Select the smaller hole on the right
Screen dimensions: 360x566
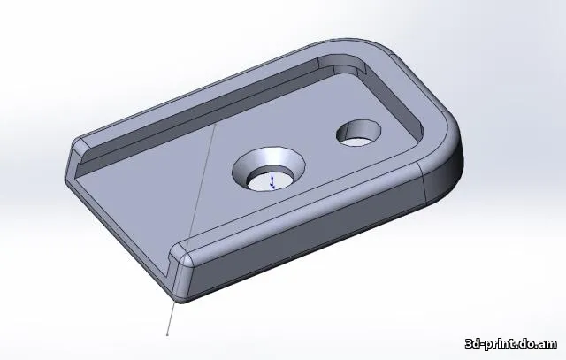358,133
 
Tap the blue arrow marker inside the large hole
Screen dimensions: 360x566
272,180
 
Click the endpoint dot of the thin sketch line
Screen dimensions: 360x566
168,335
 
